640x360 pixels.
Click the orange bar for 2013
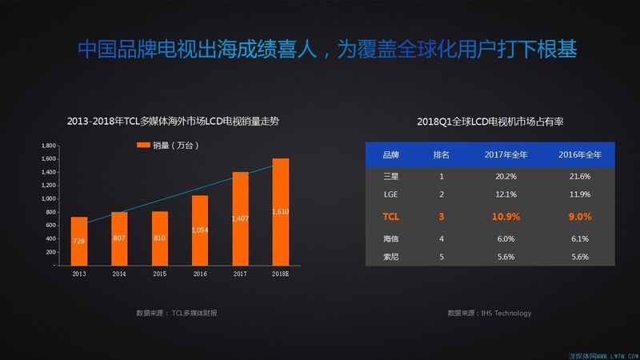tap(79, 241)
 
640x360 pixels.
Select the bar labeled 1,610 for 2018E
tap(280, 211)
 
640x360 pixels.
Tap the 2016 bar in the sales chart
tap(200, 230)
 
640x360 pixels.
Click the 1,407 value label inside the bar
tap(240, 218)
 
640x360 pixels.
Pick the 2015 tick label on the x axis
tap(159, 273)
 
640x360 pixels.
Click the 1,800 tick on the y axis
tap(48, 146)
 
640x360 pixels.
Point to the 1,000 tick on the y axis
tap(48, 198)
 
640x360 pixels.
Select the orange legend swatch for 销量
tap(143, 146)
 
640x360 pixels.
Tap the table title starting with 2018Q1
tap(490, 121)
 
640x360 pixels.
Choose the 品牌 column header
tap(391, 154)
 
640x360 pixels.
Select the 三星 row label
tap(391, 176)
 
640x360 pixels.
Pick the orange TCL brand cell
tap(391, 216)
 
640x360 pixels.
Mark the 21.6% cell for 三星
tap(578, 176)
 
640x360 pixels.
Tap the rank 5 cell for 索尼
tap(442, 257)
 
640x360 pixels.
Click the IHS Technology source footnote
tap(490, 313)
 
